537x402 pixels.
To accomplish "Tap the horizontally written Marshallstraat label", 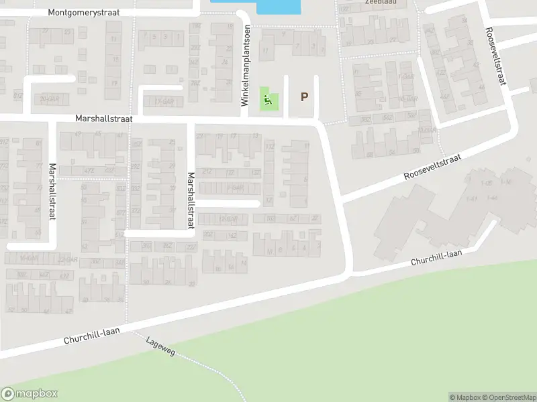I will [x=103, y=118].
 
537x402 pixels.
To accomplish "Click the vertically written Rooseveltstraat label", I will [x=496, y=56].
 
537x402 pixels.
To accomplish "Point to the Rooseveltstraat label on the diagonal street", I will [x=434, y=167].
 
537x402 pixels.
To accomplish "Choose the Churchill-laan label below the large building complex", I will [x=437, y=257].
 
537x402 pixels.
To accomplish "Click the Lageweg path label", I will [x=160, y=346].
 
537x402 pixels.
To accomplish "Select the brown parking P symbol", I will [x=304, y=97].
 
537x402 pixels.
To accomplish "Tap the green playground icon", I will [x=268, y=101].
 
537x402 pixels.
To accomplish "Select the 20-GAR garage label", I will [x=49, y=98].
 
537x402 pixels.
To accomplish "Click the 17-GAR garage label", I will [x=163, y=102].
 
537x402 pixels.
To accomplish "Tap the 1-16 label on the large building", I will [x=505, y=182].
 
